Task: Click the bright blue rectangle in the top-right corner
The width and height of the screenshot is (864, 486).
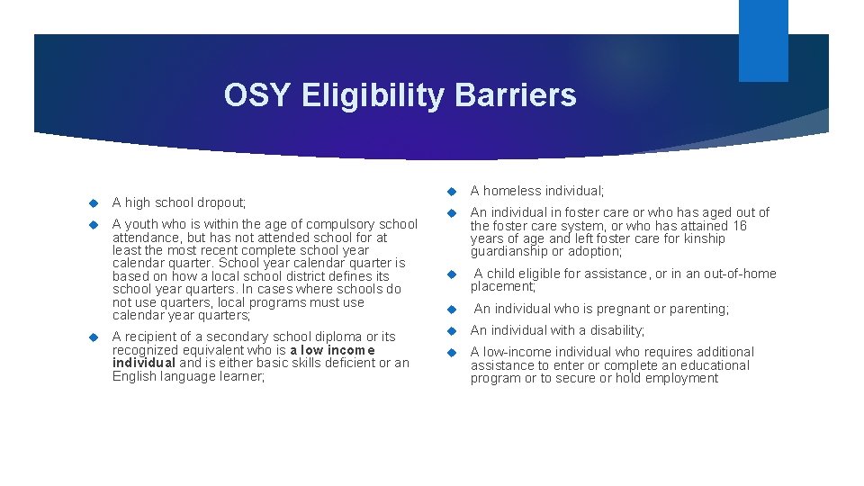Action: point(762,40)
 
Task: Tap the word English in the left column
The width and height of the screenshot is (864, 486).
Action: point(136,375)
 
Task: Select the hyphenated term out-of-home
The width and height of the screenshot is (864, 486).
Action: point(738,274)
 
